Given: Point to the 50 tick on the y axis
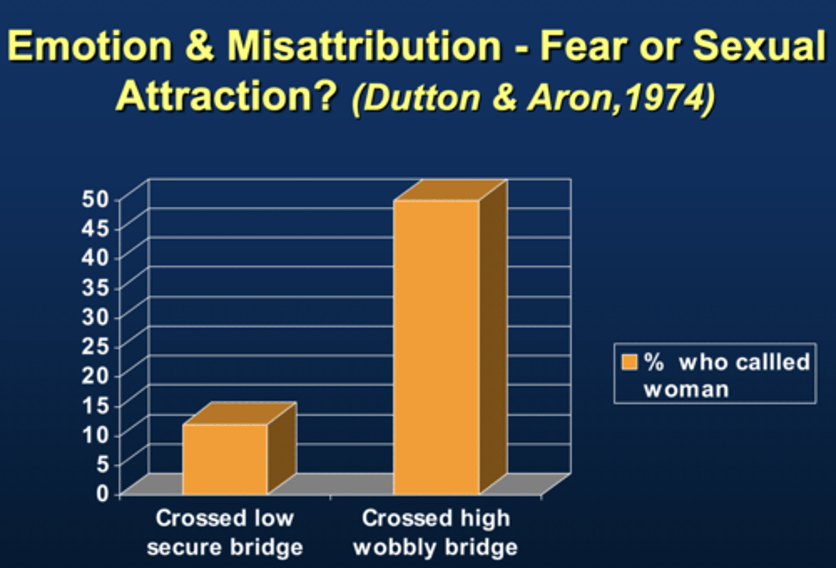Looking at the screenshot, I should (95, 199).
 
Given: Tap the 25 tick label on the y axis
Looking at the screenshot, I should (95, 346).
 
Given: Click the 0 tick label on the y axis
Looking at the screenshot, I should (102, 493).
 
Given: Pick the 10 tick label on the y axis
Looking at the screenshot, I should (95, 434).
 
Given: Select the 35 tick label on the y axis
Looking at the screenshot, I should (95, 287).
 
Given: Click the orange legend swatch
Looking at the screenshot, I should (629, 362).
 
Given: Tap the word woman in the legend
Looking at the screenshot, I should (686, 389).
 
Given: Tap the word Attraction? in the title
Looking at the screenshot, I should (227, 96).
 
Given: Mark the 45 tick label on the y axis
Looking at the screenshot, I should (95, 229).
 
